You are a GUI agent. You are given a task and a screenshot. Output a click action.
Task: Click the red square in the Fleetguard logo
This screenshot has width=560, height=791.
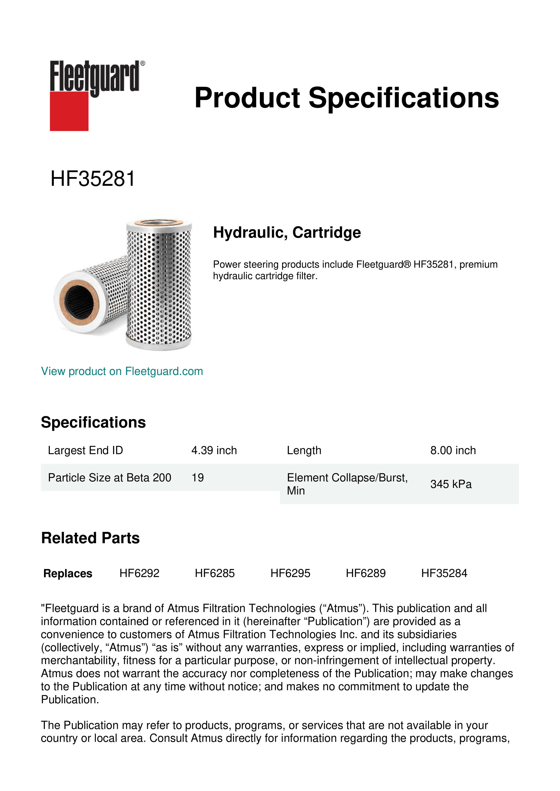[69, 111]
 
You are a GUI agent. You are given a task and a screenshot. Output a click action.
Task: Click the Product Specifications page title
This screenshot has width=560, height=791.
[346, 98]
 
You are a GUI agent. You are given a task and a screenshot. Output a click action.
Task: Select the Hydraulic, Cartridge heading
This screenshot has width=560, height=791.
[287, 232]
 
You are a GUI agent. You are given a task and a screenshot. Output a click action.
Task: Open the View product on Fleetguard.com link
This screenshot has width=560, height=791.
[122, 371]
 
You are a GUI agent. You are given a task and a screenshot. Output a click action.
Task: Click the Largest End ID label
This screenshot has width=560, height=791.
[86, 450]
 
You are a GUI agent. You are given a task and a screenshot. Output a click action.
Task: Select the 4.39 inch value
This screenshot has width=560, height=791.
[214, 450]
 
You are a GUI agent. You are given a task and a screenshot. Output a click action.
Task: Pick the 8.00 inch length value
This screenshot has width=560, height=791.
[453, 450]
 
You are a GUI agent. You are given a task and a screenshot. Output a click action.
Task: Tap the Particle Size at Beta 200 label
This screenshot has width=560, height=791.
[110, 478]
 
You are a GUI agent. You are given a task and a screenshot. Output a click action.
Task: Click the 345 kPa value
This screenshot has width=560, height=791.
[451, 484]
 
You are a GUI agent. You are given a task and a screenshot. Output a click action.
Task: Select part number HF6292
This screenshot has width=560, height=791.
[139, 573]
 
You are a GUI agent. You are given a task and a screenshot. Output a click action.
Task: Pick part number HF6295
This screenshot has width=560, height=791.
[290, 573]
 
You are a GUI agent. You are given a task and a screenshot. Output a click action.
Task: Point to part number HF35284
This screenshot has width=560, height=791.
[444, 573]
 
